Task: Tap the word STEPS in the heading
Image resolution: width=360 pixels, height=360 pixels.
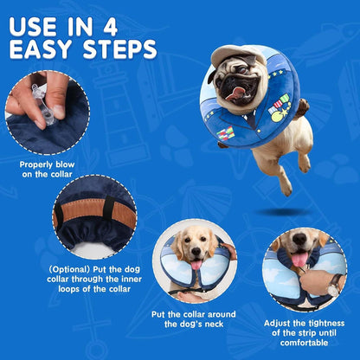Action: click(120, 49)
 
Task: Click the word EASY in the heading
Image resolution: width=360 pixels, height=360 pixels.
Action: click(41, 49)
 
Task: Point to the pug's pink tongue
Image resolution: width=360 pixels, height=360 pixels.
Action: click(235, 93)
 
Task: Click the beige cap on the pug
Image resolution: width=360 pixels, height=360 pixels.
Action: click(238, 55)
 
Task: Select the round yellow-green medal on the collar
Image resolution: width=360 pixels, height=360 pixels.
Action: click(276, 116)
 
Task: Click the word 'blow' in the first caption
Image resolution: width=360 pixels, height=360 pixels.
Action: click(65, 164)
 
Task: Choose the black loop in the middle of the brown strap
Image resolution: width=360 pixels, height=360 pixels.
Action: click(109, 209)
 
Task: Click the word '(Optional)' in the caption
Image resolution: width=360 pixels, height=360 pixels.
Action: click(69, 270)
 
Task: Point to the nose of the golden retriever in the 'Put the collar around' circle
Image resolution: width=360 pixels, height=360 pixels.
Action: click(196, 251)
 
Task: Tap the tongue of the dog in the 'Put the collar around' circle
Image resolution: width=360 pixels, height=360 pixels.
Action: click(196, 264)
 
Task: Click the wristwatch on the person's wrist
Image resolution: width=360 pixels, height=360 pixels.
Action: click(335, 284)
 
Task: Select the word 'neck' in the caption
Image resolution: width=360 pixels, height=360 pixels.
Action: click(214, 325)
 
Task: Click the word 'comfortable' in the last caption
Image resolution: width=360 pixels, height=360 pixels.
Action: click(304, 343)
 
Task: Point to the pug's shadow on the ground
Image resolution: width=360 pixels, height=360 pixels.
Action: click(283, 212)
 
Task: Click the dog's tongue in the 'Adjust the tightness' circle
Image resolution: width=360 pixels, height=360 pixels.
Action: click(300, 259)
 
